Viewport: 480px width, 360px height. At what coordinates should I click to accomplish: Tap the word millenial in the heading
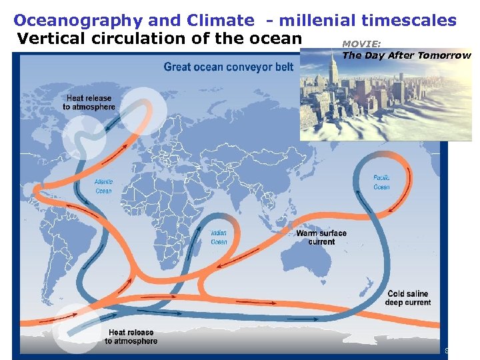(325, 21)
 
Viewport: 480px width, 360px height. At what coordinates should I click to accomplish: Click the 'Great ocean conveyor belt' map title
(229, 67)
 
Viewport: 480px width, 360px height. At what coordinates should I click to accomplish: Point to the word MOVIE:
(361, 44)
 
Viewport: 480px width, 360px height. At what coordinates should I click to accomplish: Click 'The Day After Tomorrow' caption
(406, 55)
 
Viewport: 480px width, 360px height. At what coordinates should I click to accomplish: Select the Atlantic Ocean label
(103, 186)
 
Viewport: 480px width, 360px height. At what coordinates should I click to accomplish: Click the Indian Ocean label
(219, 237)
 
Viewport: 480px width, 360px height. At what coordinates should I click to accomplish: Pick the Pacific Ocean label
(381, 182)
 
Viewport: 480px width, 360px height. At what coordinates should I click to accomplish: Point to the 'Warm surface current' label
(321, 237)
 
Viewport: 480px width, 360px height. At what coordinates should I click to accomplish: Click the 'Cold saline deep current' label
(407, 298)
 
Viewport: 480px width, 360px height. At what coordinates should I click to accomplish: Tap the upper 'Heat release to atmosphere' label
(89, 103)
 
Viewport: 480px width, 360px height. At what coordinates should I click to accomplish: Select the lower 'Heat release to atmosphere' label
(131, 337)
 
